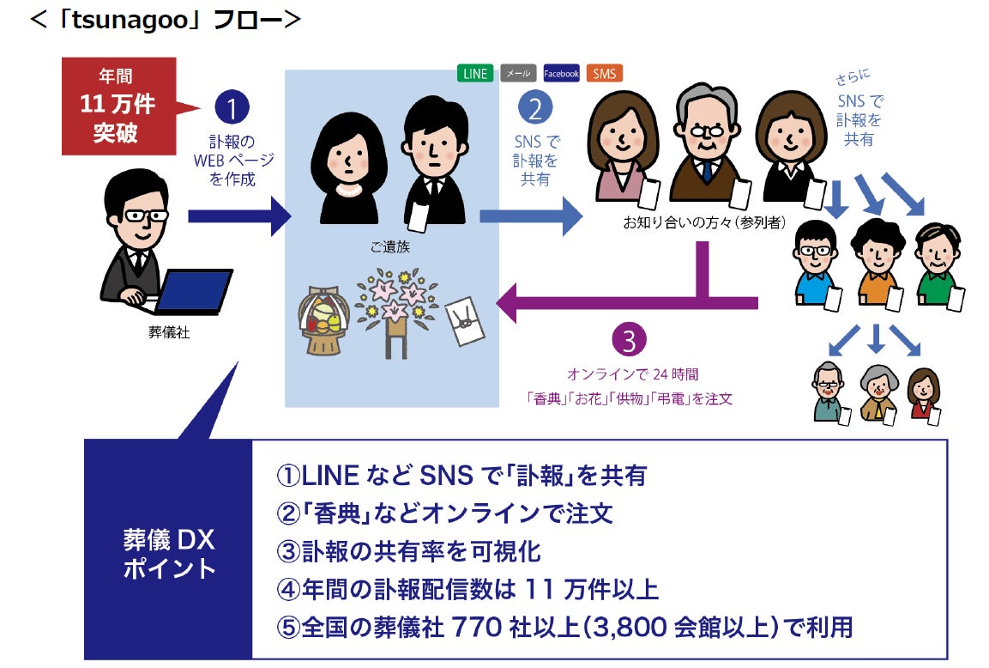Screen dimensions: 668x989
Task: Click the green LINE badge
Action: [x=474, y=73]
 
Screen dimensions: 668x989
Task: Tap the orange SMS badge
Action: [x=605, y=73]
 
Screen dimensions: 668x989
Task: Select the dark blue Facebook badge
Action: [x=562, y=73]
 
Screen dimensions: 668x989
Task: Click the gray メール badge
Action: [x=518, y=73]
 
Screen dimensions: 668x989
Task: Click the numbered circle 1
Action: [x=232, y=109]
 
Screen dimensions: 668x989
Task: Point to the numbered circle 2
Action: [x=535, y=109]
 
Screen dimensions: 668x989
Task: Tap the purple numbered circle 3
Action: [x=629, y=342]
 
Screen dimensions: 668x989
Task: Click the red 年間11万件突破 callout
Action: [x=118, y=106]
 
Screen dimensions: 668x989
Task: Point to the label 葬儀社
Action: [x=169, y=332]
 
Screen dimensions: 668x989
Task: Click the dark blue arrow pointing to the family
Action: [x=240, y=216]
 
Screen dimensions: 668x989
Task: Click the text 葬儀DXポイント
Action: [x=169, y=554]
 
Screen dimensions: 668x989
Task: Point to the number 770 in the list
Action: [x=479, y=627]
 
